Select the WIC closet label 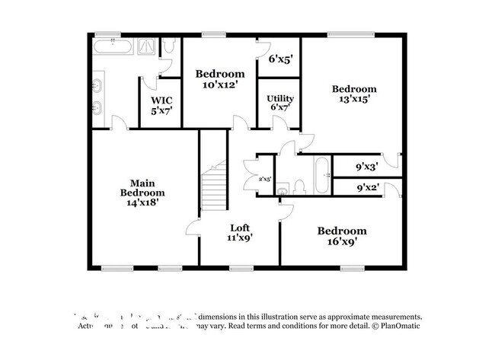(161, 100)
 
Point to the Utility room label (279, 99)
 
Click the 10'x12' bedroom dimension (221, 84)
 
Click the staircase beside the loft (215, 187)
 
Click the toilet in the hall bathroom (299, 187)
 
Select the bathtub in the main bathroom (113, 48)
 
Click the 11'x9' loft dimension (241, 237)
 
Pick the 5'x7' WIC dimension (161, 110)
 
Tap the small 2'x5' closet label (265, 179)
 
